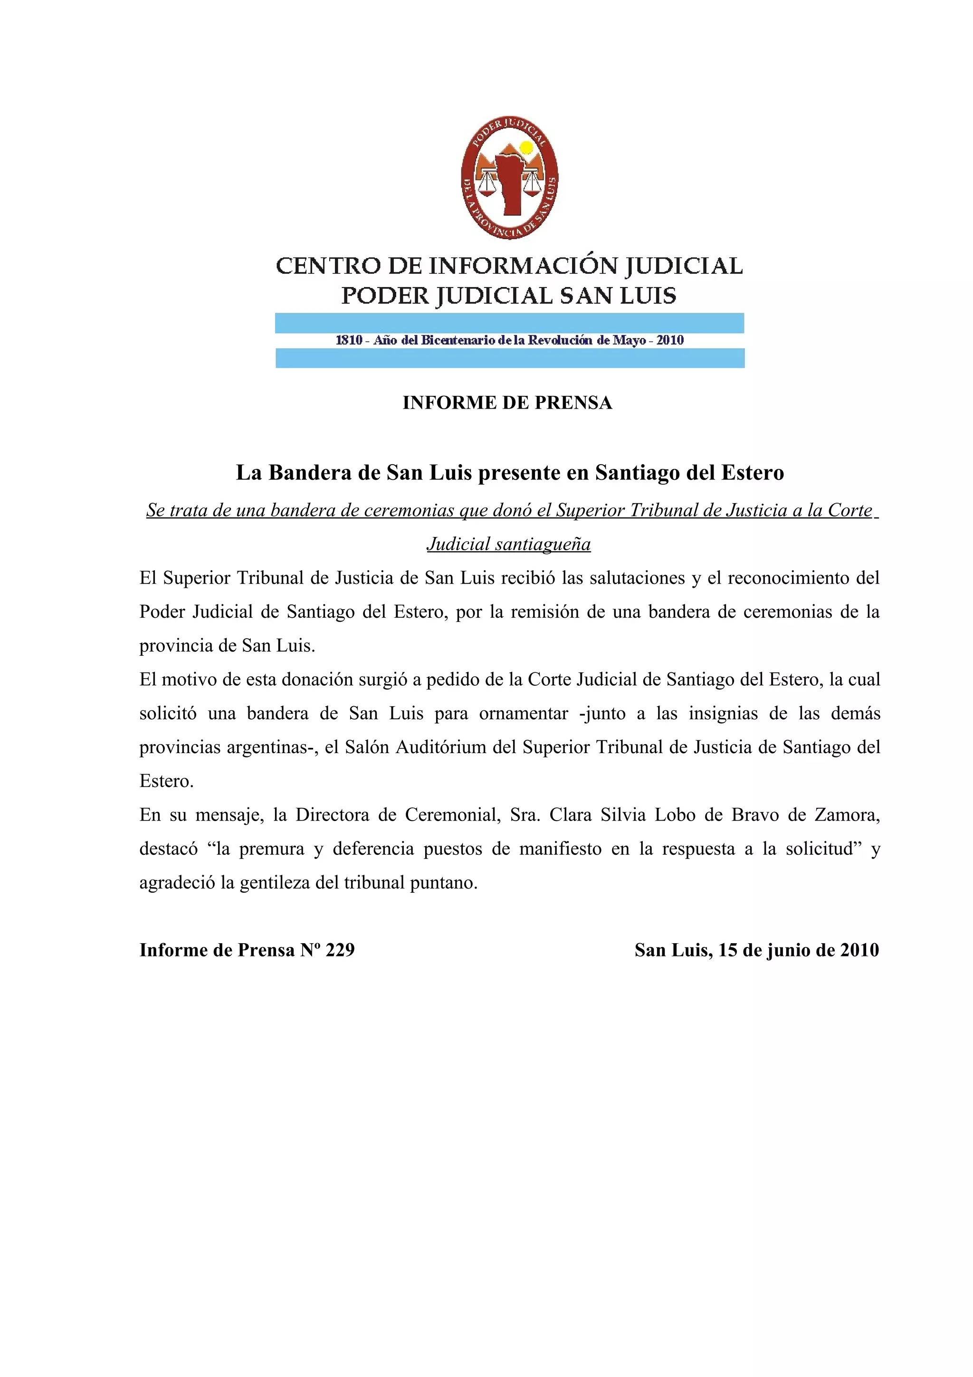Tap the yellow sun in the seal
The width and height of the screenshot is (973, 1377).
pos(526,147)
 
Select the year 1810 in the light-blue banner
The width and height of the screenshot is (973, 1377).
pos(349,340)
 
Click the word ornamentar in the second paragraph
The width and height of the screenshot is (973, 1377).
pos(524,713)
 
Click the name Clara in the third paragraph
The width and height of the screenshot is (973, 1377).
pos(570,814)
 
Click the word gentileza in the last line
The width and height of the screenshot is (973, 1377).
pos(275,883)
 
